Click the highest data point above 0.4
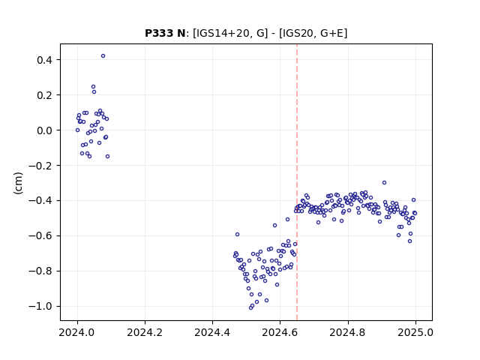tap(103, 56)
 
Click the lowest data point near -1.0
tap(250, 307)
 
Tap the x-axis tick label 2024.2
tap(145, 332)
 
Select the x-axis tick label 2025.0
tap(415, 332)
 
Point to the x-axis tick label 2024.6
tap(280, 332)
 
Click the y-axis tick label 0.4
tap(44, 60)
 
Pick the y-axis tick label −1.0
tap(40, 307)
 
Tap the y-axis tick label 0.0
tap(44, 130)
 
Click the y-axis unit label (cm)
tap(18, 183)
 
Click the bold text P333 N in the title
tap(165, 33)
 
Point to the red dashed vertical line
tap(297, 182)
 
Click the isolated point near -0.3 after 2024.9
tap(384, 183)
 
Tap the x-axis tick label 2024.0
tap(77, 332)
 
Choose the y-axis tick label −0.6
tap(40, 236)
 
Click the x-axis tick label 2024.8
tap(348, 332)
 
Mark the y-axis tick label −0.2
tap(40, 166)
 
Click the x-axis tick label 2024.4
tap(212, 332)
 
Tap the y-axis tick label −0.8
tap(40, 271)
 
